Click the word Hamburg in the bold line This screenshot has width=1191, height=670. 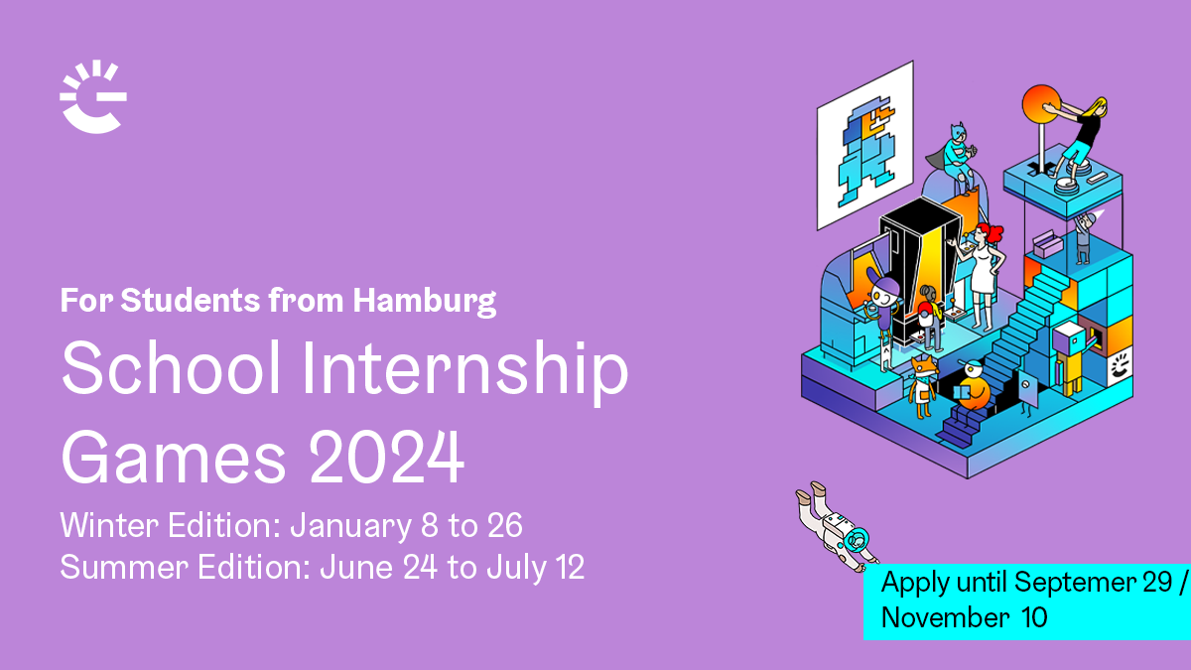(x=425, y=302)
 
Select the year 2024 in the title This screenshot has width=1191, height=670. (x=386, y=457)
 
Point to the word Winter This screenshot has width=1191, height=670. (x=109, y=525)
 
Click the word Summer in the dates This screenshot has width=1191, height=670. (x=124, y=567)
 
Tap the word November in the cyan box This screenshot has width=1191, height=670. (x=945, y=617)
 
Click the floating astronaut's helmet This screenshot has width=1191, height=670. (x=855, y=541)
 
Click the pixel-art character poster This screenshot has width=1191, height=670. (x=865, y=145)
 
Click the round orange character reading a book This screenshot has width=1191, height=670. (x=971, y=387)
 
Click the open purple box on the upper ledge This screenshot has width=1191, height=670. (x=1047, y=244)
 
